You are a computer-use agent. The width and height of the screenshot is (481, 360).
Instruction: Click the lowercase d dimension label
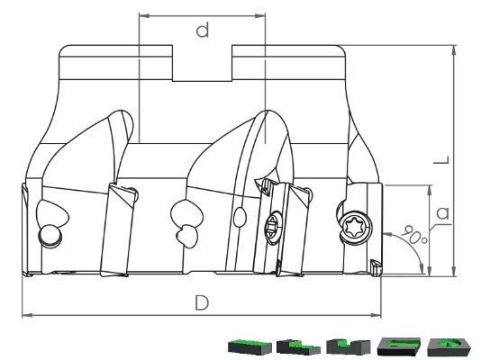[203, 30]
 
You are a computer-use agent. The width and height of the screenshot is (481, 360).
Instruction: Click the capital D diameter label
[202, 302]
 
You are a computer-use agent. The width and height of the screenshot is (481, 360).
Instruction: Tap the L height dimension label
[441, 160]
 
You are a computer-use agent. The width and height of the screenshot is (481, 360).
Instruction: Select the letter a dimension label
[443, 212]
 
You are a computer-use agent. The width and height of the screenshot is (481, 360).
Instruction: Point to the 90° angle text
[413, 234]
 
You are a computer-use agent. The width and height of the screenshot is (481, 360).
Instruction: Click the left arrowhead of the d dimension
[144, 15]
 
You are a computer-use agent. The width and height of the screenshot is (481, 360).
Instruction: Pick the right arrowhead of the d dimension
[260, 15]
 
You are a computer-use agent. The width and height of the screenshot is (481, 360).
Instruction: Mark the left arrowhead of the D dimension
[27, 315]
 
